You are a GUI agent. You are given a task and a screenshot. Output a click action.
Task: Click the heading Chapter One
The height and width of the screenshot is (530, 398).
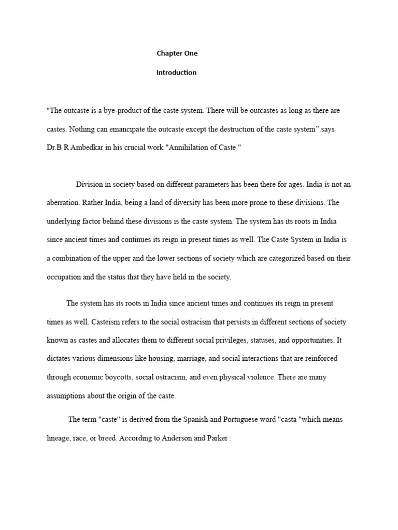click(x=177, y=53)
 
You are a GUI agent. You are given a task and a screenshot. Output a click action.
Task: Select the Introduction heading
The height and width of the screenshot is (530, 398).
click(x=176, y=72)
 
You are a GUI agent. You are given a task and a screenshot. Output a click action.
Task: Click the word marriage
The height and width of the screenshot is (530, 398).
click(x=194, y=359)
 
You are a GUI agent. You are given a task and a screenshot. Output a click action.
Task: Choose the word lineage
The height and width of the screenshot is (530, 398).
click(x=59, y=438)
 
